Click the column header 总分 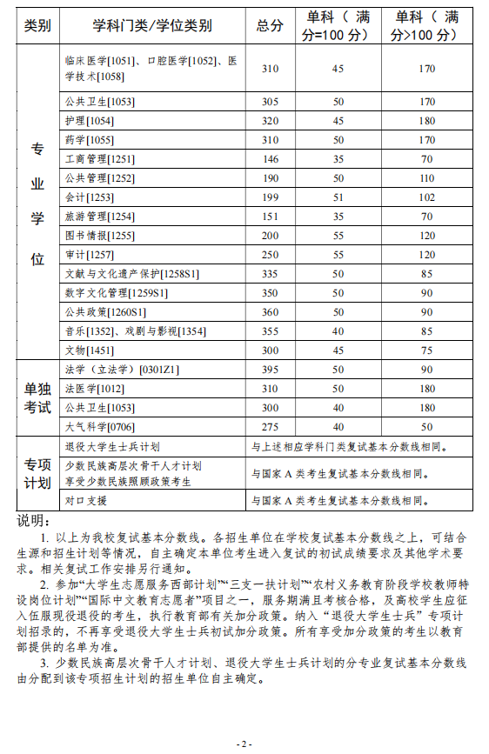point(270,26)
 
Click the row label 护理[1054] point(90,120)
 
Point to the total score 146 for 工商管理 point(270,159)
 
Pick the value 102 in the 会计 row point(426,197)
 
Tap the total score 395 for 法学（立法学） point(270,370)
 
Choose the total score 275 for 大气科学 point(270,427)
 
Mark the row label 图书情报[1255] point(98,236)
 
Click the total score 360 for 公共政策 point(270,312)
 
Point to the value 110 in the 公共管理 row point(426,178)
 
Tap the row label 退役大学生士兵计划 point(112,447)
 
